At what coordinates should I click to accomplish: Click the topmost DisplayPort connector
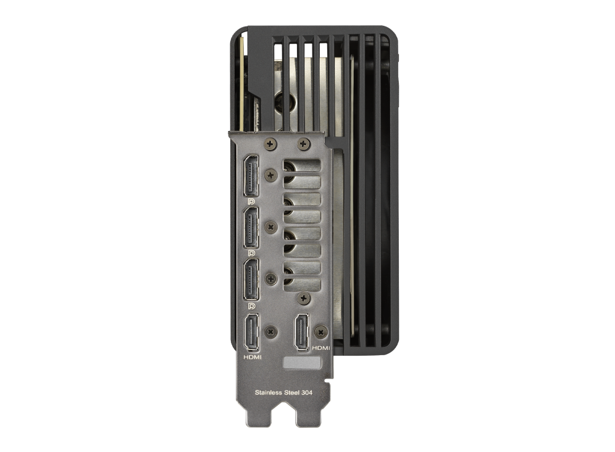click(x=251, y=175)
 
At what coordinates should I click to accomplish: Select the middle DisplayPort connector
click(x=251, y=228)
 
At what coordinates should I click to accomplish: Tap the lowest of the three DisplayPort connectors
click(x=251, y=279)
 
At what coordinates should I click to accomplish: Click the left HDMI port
click(x=251, y=332)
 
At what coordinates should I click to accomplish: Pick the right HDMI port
click(x=301, y=332)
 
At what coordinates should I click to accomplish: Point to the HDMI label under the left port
click(x=252, y=357)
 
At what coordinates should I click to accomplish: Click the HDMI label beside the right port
click(x=321, y=348)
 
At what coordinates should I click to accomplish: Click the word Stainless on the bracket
click(x=268, y=392)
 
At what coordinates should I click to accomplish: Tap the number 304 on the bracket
click(x=307, y=392)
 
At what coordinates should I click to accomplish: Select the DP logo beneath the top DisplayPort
click(x=251, y=201)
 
